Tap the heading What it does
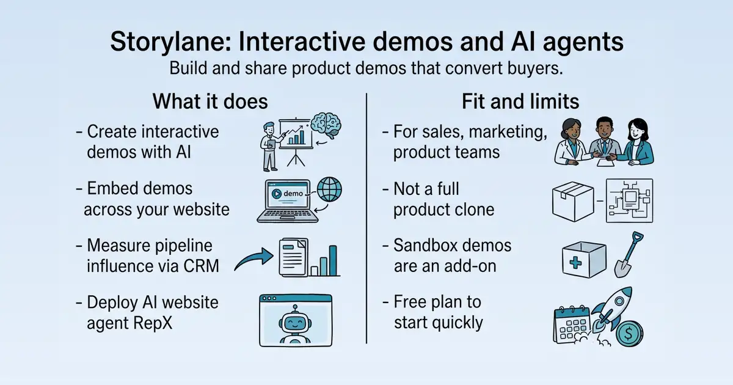coord(210,101)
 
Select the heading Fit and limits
coord(520,101)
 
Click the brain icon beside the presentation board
coord(326,125)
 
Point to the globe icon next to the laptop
coord(329,189)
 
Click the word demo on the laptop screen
coord(293,194)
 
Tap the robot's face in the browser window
coord(295,323)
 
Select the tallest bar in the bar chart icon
coord(333,260)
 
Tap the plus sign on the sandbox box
coord(575,263)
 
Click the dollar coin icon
coord(629,334)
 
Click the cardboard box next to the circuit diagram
coord(573,201)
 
